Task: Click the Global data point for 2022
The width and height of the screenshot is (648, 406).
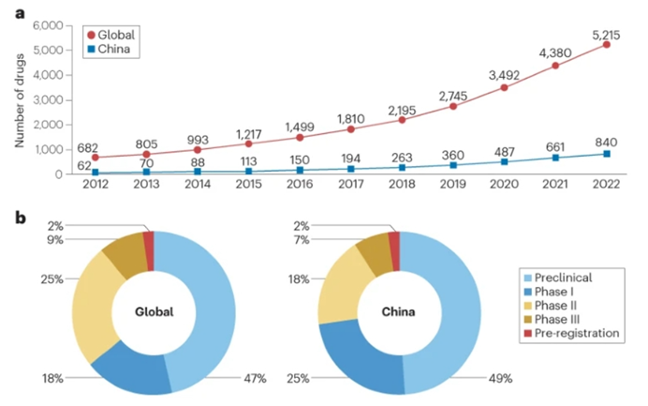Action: pyautogui.click(x=607, y=44)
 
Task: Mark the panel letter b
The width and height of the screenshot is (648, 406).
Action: pyautogui.click(x=8, y=221)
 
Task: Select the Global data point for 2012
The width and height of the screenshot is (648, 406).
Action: pyautogui.click(x=95, y=157)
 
